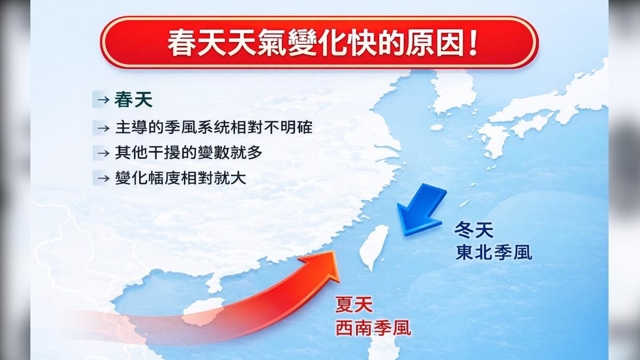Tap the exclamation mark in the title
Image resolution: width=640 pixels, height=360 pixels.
click(x=473, y=43)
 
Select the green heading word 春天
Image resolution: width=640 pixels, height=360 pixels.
click(x=133, y=100)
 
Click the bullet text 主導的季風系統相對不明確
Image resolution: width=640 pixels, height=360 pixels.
click(x=214, y=127)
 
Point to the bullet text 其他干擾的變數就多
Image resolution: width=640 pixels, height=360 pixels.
click(x=189, y=153)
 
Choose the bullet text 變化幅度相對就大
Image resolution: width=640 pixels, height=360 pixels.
click(x=180, y=178)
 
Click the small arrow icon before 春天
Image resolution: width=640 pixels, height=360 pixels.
click(x=103, y=100)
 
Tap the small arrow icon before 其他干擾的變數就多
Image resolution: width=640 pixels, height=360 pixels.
click(x=103, y=153)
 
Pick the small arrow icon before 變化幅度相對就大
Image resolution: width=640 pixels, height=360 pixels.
click(x=103, y=179)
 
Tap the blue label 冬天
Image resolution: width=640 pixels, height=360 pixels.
click(x=474, y=230)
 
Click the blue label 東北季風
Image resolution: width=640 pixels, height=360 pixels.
click(x=494, y=253)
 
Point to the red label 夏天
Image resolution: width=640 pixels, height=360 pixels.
click(x=354, y=305)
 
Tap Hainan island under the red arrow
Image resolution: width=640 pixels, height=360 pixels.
click(x=204, y=311)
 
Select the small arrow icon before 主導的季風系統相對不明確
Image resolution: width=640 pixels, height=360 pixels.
click(x=103, y=128)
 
